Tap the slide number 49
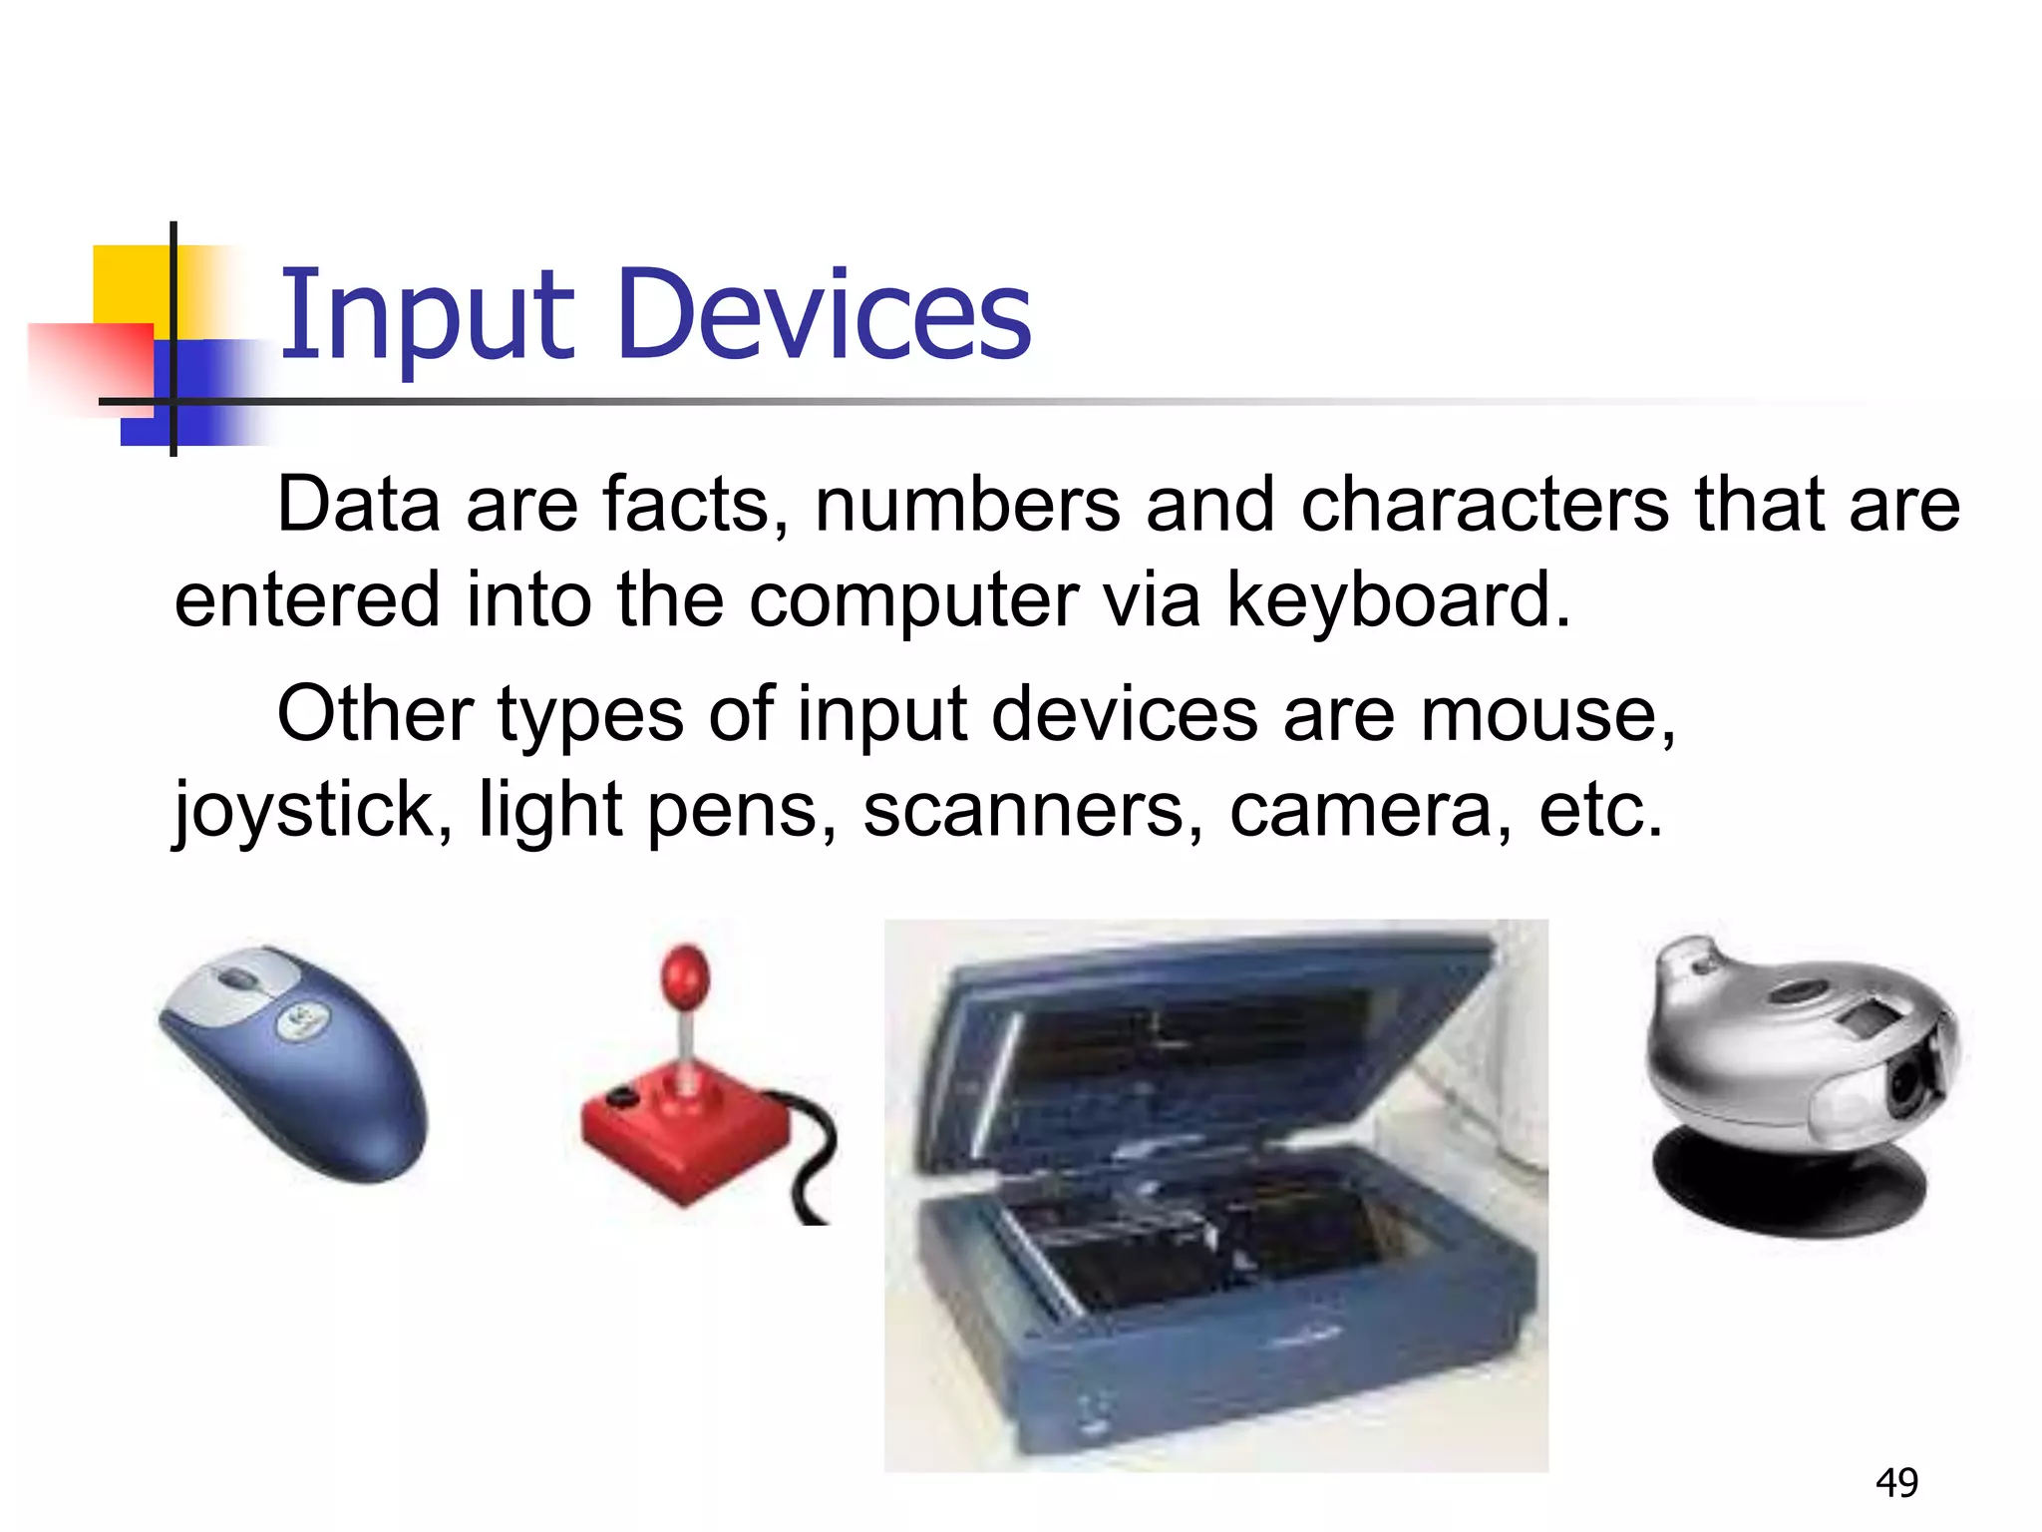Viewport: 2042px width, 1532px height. pos(1896,1483)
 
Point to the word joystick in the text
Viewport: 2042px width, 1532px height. pos(305,810)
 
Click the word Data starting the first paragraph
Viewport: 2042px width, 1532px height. pos(358,505)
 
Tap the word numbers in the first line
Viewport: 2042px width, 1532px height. pos(967,505)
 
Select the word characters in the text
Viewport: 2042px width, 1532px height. pos(1484,505)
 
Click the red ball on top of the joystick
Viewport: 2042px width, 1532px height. pos(686,973)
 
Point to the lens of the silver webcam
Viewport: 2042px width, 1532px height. pos(1906,1084)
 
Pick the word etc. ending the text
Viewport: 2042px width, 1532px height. pos(1600,810)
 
